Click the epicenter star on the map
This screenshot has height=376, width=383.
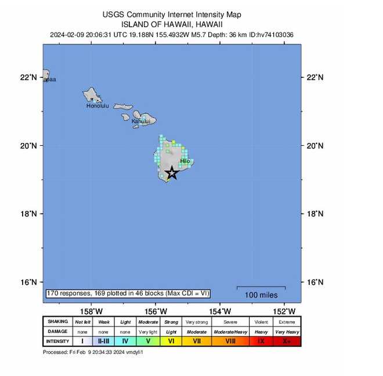point(172,173)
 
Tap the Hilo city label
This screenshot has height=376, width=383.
point(185,161)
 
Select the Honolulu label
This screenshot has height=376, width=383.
point(97,106)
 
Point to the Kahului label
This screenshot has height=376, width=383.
point(140,121)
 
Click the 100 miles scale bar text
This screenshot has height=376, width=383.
point(261,295)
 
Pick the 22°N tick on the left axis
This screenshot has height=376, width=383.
point(28,77)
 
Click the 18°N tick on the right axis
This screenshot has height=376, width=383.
point(315,213)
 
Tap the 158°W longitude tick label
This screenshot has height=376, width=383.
point(91,311)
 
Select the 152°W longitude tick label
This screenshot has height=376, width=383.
point(284,311)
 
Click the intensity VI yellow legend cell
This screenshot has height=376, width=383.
point(171,341)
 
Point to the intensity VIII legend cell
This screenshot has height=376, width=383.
point(230,341)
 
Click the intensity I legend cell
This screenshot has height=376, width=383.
point(82,341)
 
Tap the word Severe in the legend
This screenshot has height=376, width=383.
point(230,321)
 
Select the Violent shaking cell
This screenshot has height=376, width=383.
point(261,321)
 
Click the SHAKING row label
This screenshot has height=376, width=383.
point(57,321)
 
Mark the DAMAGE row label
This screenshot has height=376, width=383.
point(57,331)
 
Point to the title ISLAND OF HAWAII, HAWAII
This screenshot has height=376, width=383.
point(172,24)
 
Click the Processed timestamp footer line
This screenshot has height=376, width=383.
point(93,352)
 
